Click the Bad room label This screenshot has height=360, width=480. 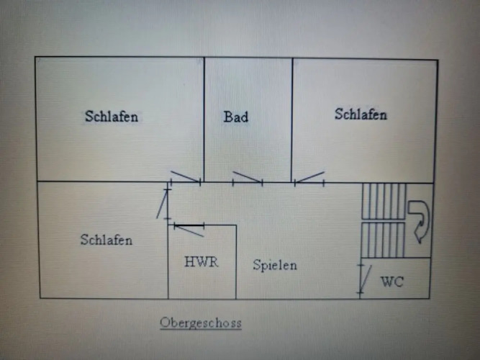tap(236, 117)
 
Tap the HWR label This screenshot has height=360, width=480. tap(201, 262)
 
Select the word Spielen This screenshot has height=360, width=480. tap(275, 265)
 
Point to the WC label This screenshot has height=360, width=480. tap(392, 282)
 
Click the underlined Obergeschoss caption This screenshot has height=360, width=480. tap(201, 323)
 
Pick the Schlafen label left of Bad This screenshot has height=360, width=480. tap(112, 116)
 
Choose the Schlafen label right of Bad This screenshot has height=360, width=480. tap(361, 114)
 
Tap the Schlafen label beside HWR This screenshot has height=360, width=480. tap(107, 240)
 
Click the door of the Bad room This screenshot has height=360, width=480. tap(247, 178)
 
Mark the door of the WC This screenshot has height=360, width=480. tap(365, 277)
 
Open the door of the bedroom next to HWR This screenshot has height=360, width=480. tap(163, 204)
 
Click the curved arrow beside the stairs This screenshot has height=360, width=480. tap(419, 219)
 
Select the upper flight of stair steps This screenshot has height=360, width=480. tap(384, 200)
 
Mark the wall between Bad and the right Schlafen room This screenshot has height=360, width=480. tap(292, 119)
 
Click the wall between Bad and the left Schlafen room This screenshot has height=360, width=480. tap(204, 119)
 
